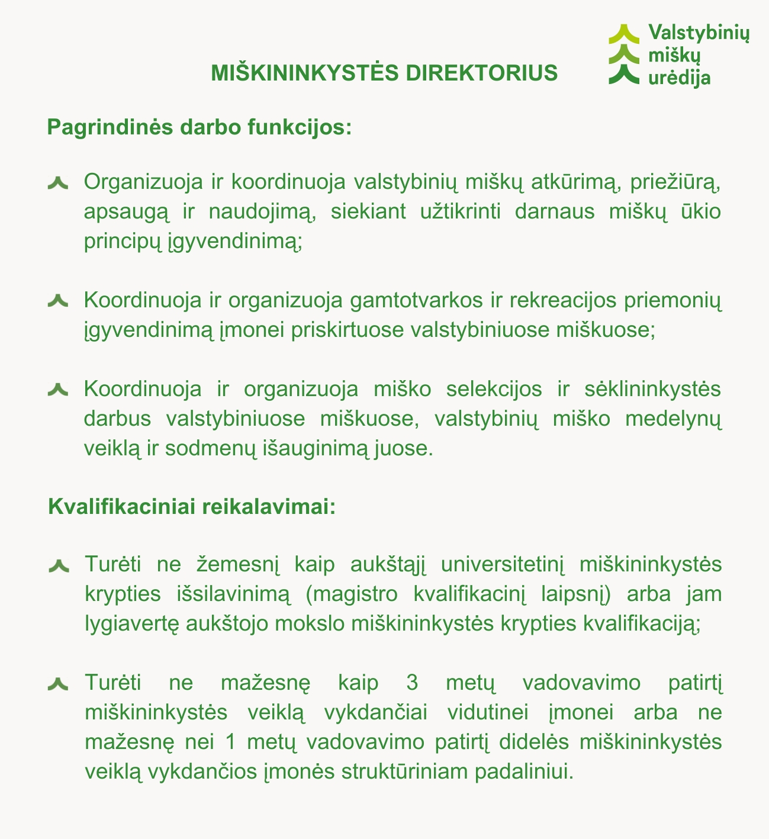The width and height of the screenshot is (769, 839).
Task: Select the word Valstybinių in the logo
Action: click(699, 33)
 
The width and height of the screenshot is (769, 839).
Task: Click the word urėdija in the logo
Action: click(679, 77)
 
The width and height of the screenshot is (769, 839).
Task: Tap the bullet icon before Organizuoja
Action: click(59, 183)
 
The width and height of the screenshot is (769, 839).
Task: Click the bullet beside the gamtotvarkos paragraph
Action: click(59, 301)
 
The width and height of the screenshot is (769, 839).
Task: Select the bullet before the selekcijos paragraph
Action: click(59, 390)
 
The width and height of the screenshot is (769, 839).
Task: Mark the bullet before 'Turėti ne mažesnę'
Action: click(59, 684)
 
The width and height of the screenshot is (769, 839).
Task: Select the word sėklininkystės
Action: click(652, 390)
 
